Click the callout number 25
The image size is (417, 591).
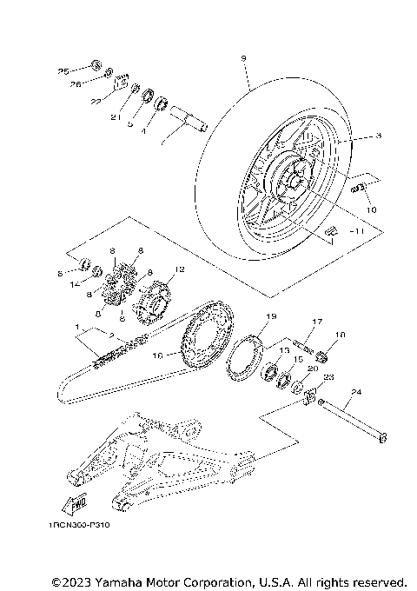(63, 70)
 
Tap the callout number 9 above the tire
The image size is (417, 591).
(243, 58)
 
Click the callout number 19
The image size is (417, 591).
(270, 316)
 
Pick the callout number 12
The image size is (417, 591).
(180, 270)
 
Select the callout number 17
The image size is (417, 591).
(317, 322)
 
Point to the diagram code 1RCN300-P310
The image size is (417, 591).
(81, 525)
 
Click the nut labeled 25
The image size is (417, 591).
(96, 65)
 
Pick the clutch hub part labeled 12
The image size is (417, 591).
(155, 302)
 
